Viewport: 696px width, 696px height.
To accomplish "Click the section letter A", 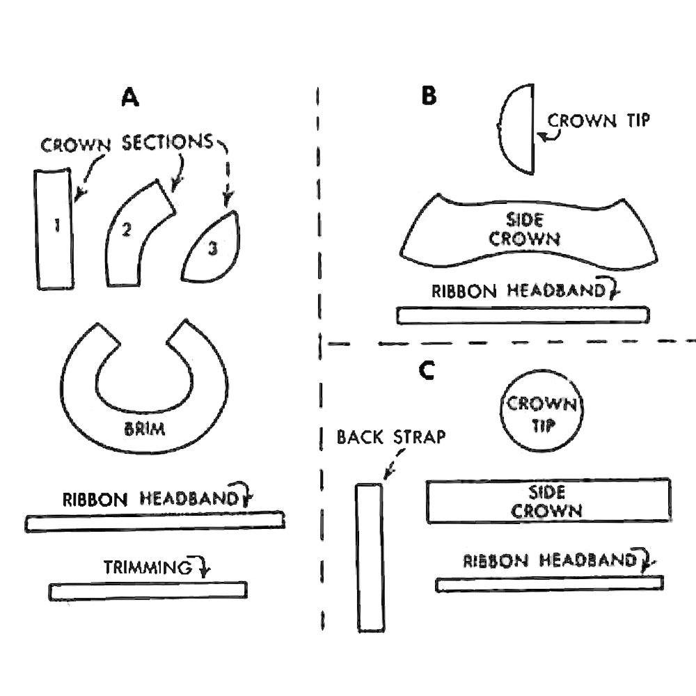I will [130, 98].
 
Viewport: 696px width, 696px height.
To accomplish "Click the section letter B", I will [429, 96].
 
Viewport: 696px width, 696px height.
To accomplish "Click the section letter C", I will [427, 371].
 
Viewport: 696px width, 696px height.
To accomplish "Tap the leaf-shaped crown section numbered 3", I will [211, 249].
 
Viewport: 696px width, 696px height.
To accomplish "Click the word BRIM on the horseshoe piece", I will [145, 429].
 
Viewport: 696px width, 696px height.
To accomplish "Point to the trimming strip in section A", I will [148, 590].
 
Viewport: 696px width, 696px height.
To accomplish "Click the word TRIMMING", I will [148, 567].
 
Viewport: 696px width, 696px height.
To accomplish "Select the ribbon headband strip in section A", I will [155, 521].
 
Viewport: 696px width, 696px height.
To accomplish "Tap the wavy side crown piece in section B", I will [529, 230].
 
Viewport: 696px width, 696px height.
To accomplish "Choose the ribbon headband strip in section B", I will [523, 315].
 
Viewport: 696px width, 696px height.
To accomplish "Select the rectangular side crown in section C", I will [548, 501].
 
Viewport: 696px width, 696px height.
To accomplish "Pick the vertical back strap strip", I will [370, 557].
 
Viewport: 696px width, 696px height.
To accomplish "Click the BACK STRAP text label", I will [390, 437].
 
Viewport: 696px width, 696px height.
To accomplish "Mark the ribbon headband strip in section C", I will [550, 583].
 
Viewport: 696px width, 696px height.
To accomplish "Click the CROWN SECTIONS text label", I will [127, 144].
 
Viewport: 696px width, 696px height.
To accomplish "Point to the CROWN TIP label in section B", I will [599, 120].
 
